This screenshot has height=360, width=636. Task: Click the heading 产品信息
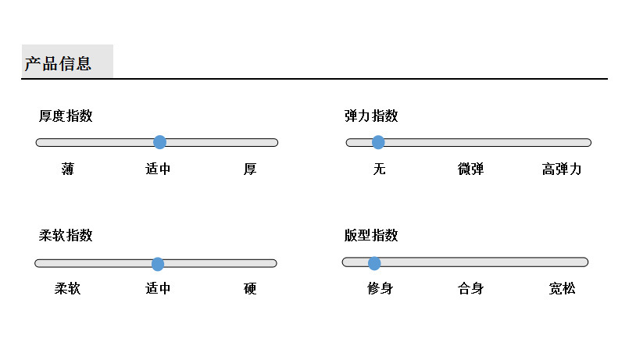[x=58, y=64]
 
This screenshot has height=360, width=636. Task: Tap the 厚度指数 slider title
[x=66, y=116]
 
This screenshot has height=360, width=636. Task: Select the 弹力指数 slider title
[x=371, y=116]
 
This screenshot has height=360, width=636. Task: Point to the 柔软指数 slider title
[x=66, y=235]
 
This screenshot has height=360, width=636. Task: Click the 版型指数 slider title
[x=371, y=235]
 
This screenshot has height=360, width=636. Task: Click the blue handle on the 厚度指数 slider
[x=159, y=142]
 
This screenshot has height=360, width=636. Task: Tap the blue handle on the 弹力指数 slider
[x=378, y=142]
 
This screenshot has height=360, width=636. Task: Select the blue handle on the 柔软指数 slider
[x=157, y=263]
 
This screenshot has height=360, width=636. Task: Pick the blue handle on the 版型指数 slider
[x=374, y=262]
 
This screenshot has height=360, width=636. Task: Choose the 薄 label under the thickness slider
[x=67, y=169]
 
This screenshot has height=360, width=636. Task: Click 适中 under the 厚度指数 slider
[x=158, y=169]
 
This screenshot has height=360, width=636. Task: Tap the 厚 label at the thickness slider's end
[x=250, y=169]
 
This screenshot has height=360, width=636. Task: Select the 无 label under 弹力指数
[x=380, y=169]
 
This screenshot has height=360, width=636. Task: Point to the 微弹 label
[x=470, y=169]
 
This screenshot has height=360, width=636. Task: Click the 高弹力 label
[x=562, y=169]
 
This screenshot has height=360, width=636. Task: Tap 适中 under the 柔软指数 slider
[x=158, y=289]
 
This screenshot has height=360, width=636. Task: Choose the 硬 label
[x=250, y=289]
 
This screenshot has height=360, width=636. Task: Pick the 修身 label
[x=380, y=289]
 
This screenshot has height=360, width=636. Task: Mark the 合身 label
[x=470, y=289]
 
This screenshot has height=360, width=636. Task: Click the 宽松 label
[x=562, y=289]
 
